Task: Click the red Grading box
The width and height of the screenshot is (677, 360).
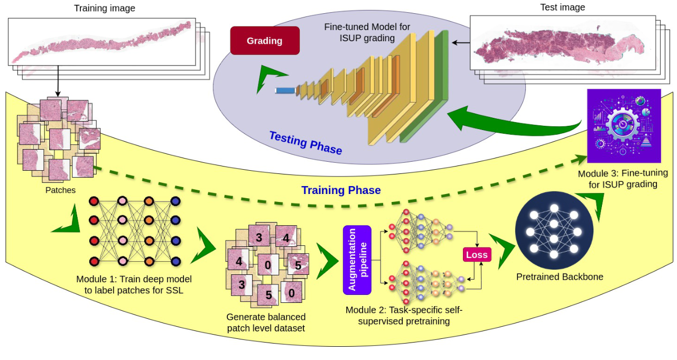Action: click(265, 41)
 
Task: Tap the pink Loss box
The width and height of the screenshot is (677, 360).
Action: click(477, 255)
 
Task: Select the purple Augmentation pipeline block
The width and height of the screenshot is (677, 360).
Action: click(357, 260)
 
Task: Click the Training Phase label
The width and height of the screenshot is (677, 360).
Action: click(341, 190)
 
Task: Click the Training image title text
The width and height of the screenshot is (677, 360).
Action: click(104, 8)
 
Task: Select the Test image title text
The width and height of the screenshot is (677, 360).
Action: click(562, 7)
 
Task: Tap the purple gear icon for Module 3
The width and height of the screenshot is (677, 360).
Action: click(624, 126)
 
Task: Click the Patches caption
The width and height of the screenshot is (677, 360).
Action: click(60, 190)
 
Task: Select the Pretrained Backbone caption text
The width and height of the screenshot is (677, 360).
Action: click(560, 276)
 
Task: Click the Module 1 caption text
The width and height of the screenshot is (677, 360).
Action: click(134, 284)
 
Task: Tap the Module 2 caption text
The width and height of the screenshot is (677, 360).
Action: click(404, 315)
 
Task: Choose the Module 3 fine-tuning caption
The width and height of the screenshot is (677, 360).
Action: click(623, 179)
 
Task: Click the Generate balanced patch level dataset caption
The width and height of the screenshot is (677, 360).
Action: click(266, 322)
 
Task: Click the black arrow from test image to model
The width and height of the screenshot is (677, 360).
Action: click(460, 42)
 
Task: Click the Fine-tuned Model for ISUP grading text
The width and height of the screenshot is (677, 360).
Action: click(367, 32)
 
